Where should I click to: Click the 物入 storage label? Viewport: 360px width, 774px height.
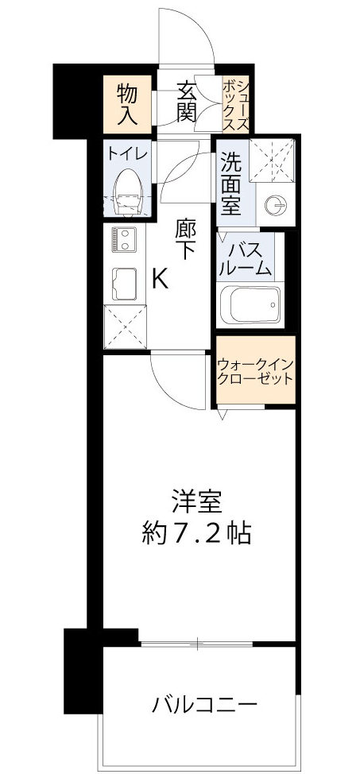point(128,103)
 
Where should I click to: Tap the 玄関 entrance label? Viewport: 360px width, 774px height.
point(187,101)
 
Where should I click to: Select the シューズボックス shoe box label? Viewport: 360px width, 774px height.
point(237,103)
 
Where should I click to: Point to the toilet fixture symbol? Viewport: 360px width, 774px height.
point(126,192)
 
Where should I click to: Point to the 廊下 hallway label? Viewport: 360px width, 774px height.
point(186,238)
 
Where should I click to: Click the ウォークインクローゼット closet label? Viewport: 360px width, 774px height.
point(255,370)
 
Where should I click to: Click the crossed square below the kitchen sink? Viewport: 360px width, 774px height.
point(126,325)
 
